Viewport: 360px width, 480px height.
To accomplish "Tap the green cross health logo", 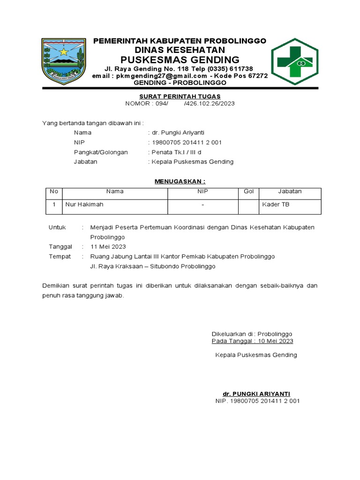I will pyautogui.click(x=295, y=61).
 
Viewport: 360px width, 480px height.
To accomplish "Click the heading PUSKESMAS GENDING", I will pyautogui.click(x=180, y=60).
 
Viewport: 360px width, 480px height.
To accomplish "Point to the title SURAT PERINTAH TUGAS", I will pyautogui.click(x=180, y=96).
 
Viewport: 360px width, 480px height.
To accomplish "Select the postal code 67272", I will pyautogui.click(x=257, y=76).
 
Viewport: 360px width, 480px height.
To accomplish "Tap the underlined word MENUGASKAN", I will pyautogui.click(x=180, y=181).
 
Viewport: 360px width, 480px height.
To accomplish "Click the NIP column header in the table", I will pyautogui.click(x=202, y=191).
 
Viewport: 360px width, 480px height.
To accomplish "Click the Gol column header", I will pyautogui.click(x=248, y=191).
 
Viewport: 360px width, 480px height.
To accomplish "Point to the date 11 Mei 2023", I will pyautogui.click(x=108, y=247).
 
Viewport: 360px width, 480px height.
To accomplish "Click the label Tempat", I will pyautogui.click(x=60, y=256).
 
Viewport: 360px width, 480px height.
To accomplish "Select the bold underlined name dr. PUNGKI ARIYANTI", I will pyautogui.click(x=256, y=393).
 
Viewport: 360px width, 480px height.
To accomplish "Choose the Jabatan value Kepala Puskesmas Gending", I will pyautogui.click(x=192, y=162).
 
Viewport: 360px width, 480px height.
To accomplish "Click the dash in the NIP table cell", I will pyautogui.click(x=202, y=205).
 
